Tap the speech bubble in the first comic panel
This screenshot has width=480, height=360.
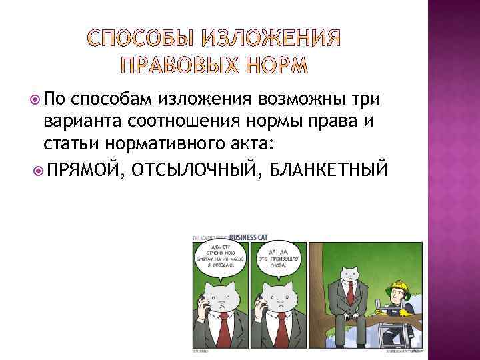(x=219, y=259)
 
